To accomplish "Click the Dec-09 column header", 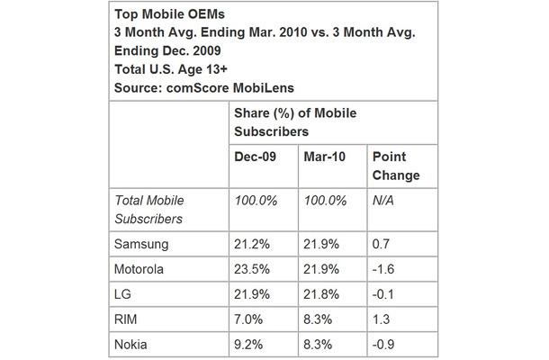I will click(255, 157).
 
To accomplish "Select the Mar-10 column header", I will click(323, 157).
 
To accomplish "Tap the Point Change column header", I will click(395, 166).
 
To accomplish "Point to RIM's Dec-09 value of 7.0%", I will click(248, 318).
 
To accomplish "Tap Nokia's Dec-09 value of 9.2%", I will click(248, 343).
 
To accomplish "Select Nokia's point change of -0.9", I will click(385, 343).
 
